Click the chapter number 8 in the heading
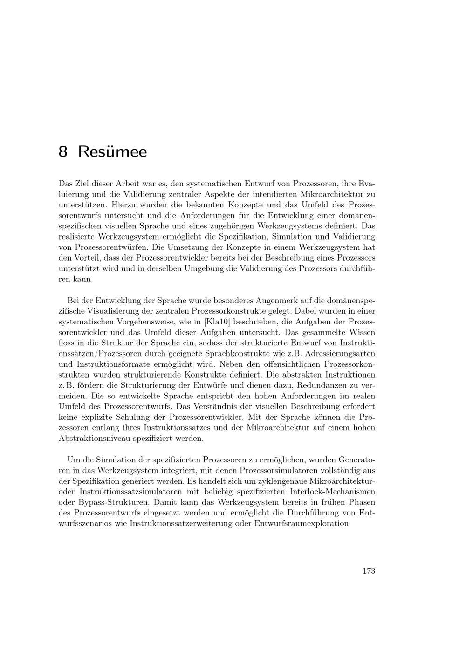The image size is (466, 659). coord(63,152)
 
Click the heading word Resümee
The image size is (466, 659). coord(112,152)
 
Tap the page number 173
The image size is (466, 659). coord(369,571)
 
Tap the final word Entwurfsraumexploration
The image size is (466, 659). coord(302,523)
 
